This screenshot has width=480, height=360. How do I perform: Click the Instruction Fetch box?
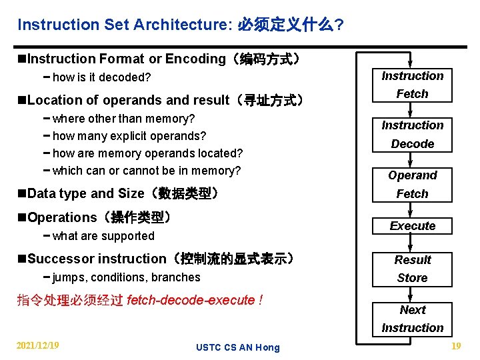(x=412, y=85)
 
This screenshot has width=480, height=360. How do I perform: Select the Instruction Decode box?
(x=412, y=134)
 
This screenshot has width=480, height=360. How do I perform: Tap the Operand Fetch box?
(x=412, y=185)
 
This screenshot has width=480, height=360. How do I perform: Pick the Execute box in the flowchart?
(x=412, y=226)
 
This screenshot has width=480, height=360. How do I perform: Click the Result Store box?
(x=412, y=269)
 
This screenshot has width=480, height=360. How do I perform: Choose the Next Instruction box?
(x=412, y=319)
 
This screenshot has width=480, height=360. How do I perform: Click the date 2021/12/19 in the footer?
(x=38, y=345)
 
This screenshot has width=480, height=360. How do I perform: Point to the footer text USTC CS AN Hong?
(x=238, y=347)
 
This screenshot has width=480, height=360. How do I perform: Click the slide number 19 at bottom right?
(x=456, y=345)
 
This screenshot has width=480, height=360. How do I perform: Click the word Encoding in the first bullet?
(x=195, y=59)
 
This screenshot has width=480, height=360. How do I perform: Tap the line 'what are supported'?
(x=103, y=236)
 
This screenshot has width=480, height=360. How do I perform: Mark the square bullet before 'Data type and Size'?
(x=23, y=194)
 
